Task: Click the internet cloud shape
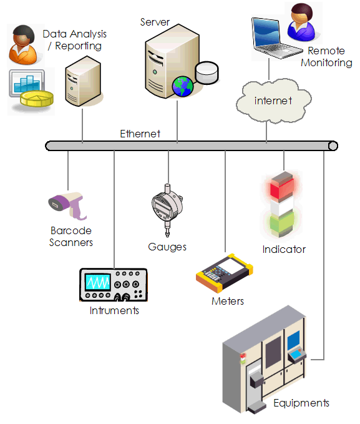[x=273, y=100]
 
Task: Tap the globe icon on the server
[x=183, y=86]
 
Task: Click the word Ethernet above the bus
[x=140, y=134]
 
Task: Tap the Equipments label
[x=301, y=403]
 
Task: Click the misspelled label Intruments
[x=114, y=310]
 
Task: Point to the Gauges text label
[x=167, y=247]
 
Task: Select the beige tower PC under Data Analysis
[x=82, y=80]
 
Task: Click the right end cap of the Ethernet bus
[x=333, y=146]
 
